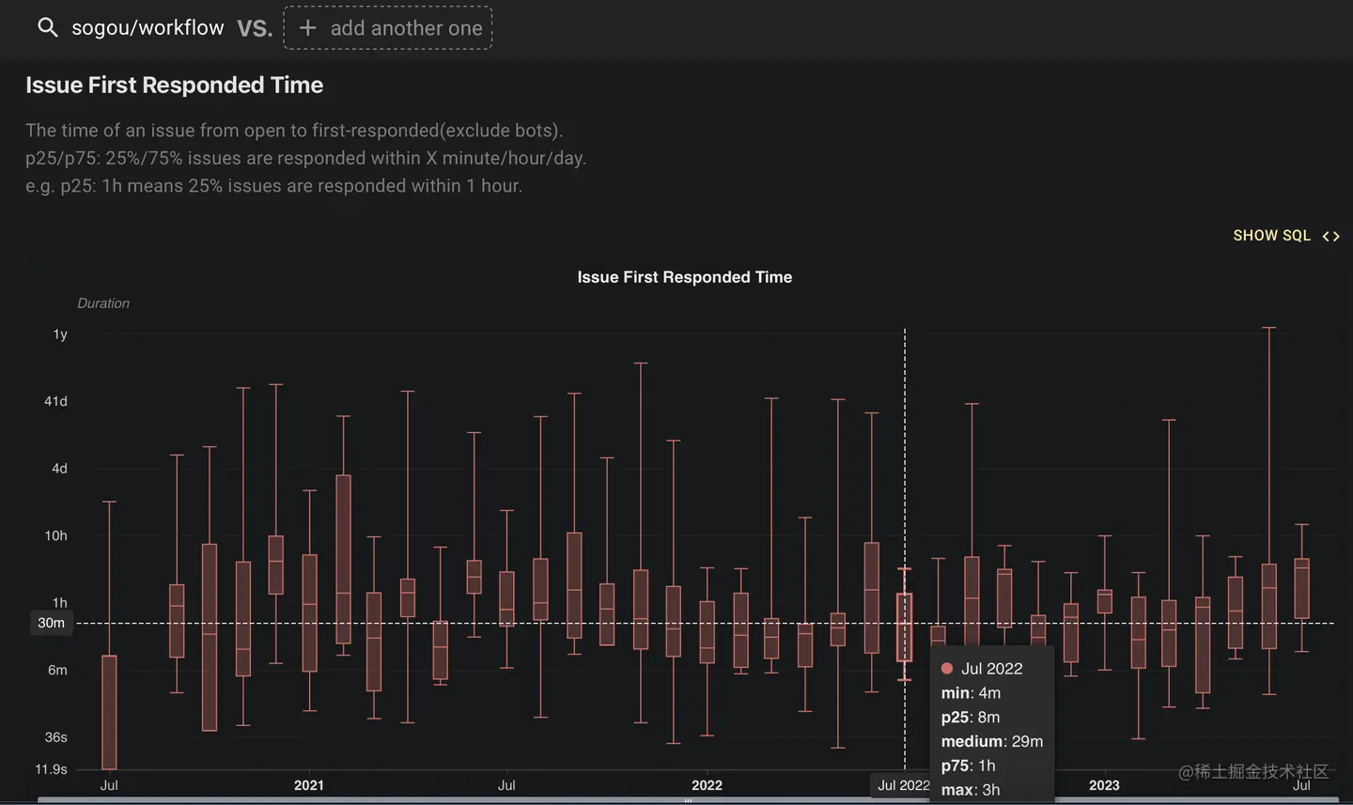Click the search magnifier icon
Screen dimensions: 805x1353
(47, 28)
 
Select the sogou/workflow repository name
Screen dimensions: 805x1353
(148, 28)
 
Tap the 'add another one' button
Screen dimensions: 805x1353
(388, 28)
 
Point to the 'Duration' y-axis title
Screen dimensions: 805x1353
(103, 303)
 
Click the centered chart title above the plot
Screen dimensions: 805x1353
(684, 277)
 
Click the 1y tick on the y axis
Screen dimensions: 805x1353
(60, 334)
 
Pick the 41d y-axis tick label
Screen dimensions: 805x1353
(55, 401)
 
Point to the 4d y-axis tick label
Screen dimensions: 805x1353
(59, 469)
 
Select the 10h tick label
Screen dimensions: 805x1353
(55, 535)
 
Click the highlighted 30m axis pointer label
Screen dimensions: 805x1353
(52, 623)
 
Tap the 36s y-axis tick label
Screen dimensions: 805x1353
(55, 737)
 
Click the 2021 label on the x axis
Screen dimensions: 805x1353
(308, 785)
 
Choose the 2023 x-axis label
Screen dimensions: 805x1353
(1104, 785)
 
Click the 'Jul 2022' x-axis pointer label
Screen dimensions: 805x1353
(903, 785)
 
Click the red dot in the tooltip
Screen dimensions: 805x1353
(947, 669)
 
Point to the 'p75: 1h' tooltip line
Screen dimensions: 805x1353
(968, 766)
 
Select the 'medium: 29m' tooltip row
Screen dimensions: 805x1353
(991, 741)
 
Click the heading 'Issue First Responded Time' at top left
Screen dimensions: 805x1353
(174, 85)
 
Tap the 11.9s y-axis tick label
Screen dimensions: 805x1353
(51, 769)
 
